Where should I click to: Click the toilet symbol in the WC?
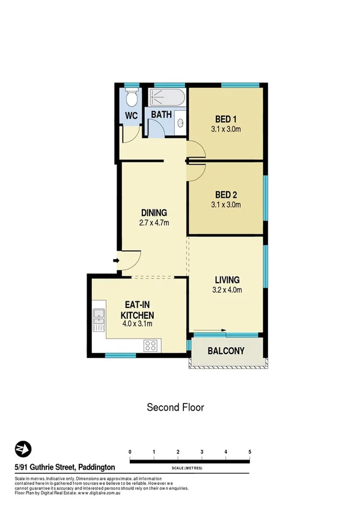(132, 97)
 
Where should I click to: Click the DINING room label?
(154, 213)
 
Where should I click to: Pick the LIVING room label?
(227, 280)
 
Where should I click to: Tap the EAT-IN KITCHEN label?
(138, 310)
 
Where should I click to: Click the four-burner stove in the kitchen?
(150, 346)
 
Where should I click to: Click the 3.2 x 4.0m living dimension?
(227, 290)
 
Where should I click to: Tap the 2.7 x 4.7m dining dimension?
(154, 223)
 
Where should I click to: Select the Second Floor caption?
(175, 407)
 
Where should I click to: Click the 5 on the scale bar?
(249, 452)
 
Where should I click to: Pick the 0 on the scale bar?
(130, 452)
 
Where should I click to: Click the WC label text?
(132, 115)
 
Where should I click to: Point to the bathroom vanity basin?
(181, 123)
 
